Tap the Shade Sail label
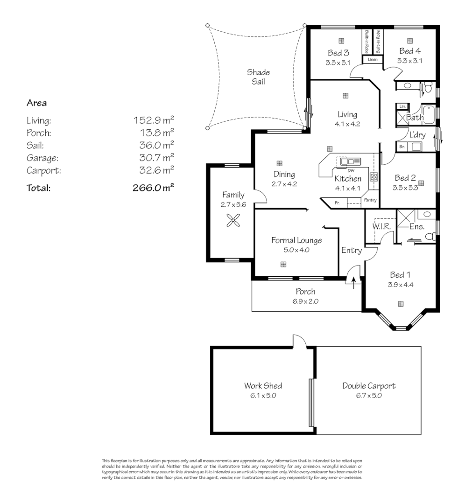[258, 77]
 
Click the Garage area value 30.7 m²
[154, 158]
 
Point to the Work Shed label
[263, 386]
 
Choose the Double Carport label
[369, 386]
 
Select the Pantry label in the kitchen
[370, 201]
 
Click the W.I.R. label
[381, 226]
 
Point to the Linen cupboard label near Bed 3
[372, 60]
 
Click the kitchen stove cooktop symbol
[374, 177]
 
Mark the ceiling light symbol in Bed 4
[410, 41]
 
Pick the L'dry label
[417, 134]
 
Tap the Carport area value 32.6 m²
[154, 170]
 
